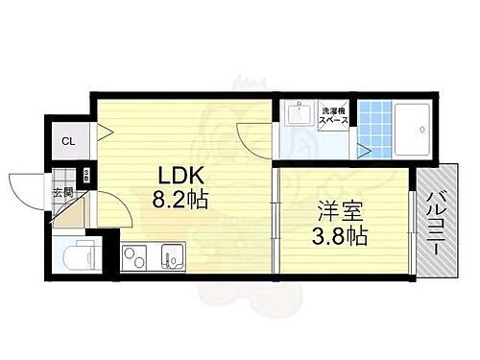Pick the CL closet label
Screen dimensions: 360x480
coord(68,142)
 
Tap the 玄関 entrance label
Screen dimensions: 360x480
coord(61,192)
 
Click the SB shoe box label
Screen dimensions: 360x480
coord(85,176)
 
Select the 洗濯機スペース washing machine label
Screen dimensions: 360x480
coord(334,119)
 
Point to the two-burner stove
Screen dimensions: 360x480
coord(133,257)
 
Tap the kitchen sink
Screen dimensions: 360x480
coord(173,257)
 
